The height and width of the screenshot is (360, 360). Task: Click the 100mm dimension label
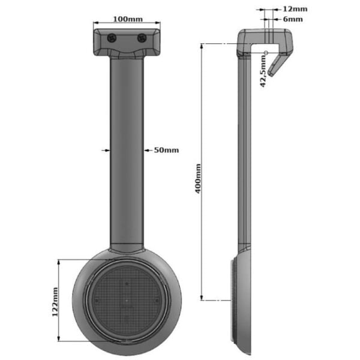(x=128, y=19)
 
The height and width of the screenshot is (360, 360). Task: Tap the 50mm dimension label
(x=166, y=150)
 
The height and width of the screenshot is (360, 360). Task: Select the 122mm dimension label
(x=55, y=302)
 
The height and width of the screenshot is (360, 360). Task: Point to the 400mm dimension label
(x=198, y=179)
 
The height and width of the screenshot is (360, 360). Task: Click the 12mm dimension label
(x=295, y=9)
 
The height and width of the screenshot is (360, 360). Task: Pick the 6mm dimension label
(x=293, y=19)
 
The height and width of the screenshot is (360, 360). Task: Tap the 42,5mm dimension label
(x=263, y=71)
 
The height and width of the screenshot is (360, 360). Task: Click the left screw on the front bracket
(x=112, y=38)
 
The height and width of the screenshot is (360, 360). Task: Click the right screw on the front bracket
(x=142, y=38)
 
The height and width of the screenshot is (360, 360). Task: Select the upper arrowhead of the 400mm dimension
(x=202, y=46)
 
